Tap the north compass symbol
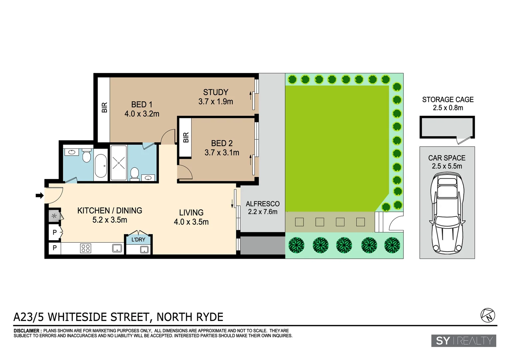coord(488,315)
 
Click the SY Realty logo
coord(464,341)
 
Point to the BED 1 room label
coord(142,105)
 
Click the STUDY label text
coord(216,92)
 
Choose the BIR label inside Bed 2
coord(186,137)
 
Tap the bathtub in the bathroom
coord(101,166)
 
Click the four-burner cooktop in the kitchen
coord(86,248)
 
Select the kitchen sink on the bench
coord(117,248)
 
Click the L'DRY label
coord(138,240)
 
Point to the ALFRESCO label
coord(262,204)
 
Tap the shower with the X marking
coord(119,163)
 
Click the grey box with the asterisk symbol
coord(54,216)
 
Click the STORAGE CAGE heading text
coord(448,100)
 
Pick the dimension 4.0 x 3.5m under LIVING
coord(191,222)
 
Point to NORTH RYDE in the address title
coord(190,317)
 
